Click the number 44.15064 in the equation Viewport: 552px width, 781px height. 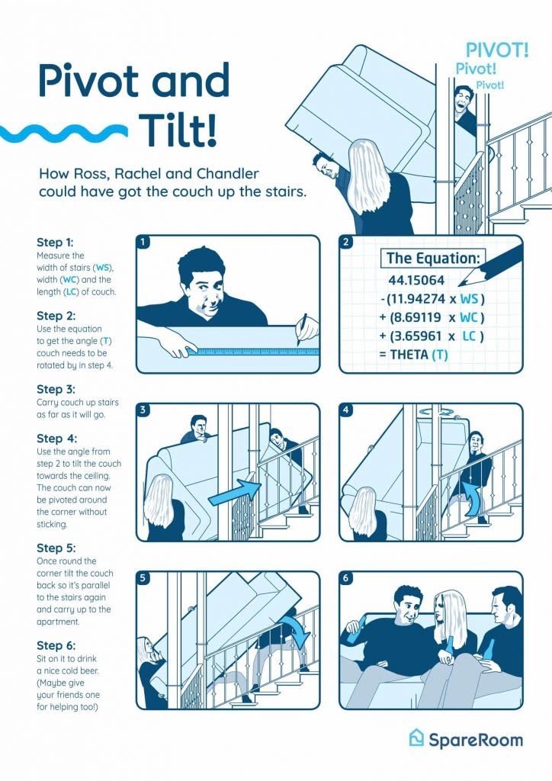416,280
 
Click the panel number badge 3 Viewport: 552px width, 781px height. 143,410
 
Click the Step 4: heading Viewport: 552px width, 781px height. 56,439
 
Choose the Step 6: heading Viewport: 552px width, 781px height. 56,645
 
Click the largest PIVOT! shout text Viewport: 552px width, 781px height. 497,50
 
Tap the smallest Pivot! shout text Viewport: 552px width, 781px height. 489,85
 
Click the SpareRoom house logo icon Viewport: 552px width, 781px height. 416,738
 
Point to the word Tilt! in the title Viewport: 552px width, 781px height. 178,130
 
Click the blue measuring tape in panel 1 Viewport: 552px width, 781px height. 254,351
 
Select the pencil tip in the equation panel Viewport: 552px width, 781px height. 461,284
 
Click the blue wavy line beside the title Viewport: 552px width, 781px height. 64,132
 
